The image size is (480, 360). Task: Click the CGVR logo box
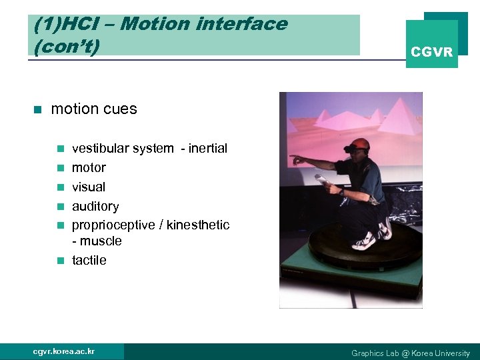pos(432,44)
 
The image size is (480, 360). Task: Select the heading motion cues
pos(94,109)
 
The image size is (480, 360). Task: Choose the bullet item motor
pos(89,167)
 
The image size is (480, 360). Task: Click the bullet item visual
pos(89,187)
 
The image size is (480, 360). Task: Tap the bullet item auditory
pos(95,206)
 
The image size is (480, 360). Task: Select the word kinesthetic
pos(198,225)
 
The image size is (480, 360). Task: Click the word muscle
pos(100,241)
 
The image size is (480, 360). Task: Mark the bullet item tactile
pos(89,260)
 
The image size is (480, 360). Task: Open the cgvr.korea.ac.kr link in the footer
pos(64,351)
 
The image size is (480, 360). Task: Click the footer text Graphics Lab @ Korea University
pos(411,353)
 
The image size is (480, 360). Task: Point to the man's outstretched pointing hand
pos(294,159)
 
